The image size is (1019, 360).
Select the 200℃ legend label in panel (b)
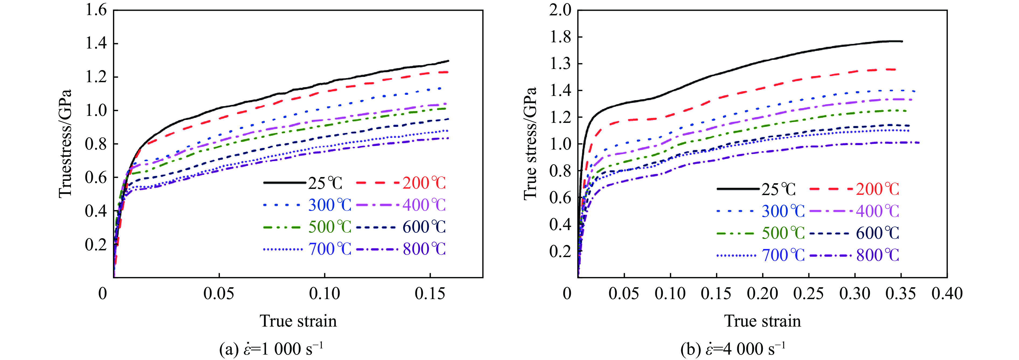click(877, 189)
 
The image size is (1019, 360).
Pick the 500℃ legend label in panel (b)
click(783, 233)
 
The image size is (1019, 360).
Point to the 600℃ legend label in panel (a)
click(424, 227)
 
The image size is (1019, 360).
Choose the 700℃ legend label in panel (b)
click(783, 255)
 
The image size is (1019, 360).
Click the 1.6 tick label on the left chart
click(96, 10)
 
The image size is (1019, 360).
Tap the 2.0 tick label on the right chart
click(560, 10)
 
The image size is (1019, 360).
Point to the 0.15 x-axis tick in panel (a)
click(430, 293)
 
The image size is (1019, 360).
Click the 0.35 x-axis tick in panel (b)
click(901, 293)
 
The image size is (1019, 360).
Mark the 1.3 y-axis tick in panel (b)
click(560, 64)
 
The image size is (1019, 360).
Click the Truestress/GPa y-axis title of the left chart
click(65, 143)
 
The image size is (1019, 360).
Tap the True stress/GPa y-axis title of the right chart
click(530, 143)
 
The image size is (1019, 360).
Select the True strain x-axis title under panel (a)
click(298, 321)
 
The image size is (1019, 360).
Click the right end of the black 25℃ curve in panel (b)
click(902, 41)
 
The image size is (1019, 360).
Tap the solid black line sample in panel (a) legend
click(285, 183)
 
